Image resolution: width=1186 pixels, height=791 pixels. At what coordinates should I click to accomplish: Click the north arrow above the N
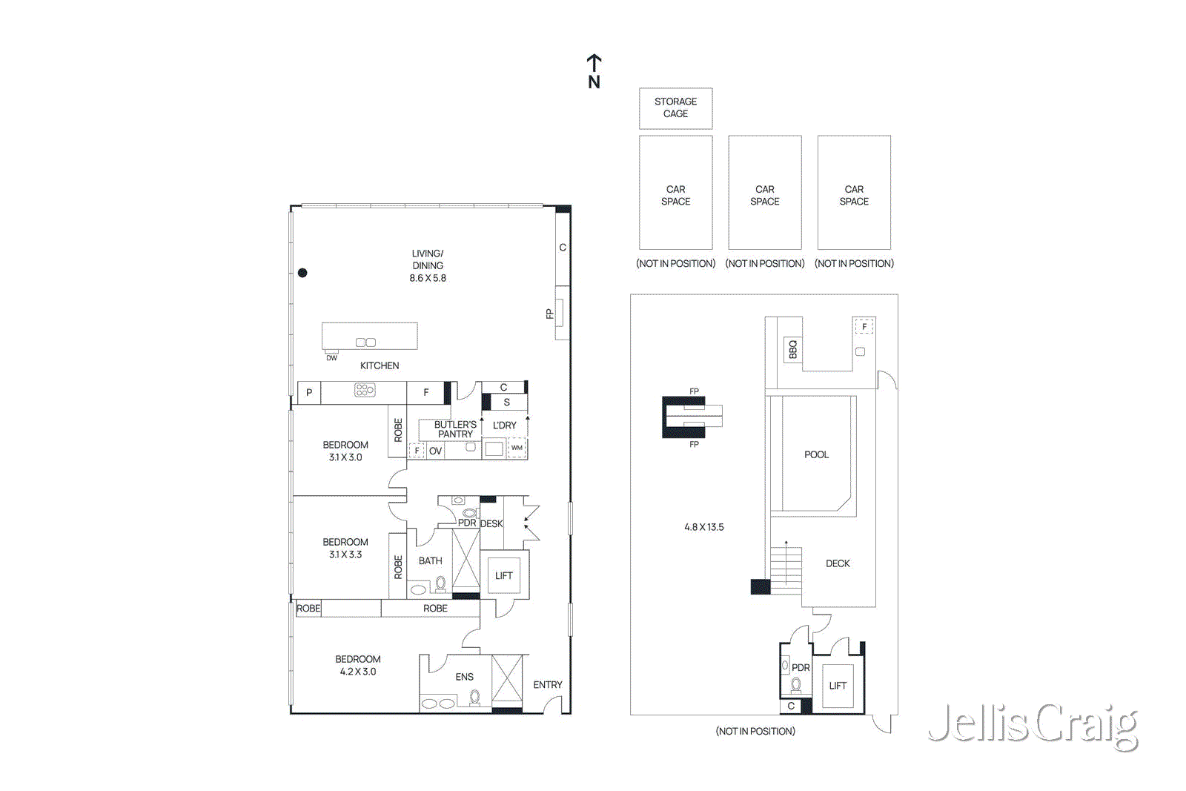click(x=594, y=63)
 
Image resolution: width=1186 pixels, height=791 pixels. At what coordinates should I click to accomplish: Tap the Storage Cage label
click(x=675, y=107)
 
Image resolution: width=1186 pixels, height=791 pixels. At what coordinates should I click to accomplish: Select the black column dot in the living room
click(x=302, y=273)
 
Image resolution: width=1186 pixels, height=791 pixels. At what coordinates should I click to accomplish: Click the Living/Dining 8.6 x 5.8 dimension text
click(x=428, y=278)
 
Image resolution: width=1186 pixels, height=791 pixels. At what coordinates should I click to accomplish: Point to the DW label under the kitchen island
click(x=331, y=358)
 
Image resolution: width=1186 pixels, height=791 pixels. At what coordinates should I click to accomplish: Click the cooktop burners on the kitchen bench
click(x=365, y=391)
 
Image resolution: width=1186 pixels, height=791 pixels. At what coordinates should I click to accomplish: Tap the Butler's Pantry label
click(x=455, y=429)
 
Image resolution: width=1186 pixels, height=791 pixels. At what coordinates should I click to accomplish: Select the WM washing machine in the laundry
click(x=517, y=448)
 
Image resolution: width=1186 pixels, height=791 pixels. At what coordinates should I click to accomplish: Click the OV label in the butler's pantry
click(x=435, y=451)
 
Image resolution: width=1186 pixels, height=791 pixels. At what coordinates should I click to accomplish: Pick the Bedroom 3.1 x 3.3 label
click(x=345, y=548)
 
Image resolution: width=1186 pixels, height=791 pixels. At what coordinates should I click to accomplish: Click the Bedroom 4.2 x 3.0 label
click(x=358, y=666)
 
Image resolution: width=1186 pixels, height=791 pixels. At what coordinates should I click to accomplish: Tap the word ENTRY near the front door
click(x=548, y=684)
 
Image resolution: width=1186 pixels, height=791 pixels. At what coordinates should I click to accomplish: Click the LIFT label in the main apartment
click(x=503, y=575)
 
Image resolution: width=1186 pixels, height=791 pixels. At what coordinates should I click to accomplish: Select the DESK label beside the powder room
click(x=491, y=523)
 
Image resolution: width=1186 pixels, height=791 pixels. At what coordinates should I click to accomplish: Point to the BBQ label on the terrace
click(x=792, y=349)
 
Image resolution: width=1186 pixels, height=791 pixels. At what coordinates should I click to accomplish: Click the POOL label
click(x=816, y=454)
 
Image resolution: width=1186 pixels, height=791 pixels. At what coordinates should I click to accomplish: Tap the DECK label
click(x=838, y=563)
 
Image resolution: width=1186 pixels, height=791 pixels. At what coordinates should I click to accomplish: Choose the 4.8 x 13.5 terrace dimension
click(x=703, y=527)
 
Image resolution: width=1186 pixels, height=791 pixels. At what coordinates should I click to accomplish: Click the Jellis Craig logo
click(x=1033, y=727)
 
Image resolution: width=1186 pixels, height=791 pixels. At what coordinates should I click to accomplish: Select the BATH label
click(x=430, y=560)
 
